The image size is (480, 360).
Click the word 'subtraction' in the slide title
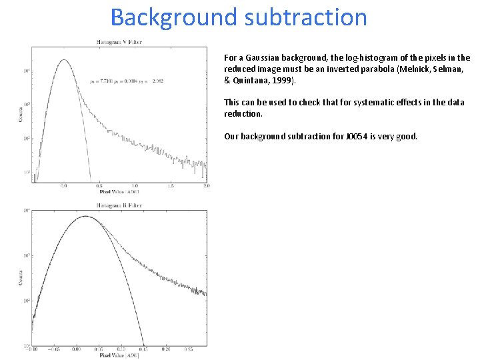pyautogui.click(x=306, y=17)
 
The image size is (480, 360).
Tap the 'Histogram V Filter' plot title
pyautogui.click(x=119, y=42)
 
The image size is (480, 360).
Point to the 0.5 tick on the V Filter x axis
pyautogui.click(x=99, y=186)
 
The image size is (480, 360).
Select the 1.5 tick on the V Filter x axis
pyautogui.click(x=171, y=186)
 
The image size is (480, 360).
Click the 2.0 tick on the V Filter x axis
pyautogui.click(x=206, y=186)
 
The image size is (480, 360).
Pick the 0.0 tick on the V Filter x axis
pyautogui.click(x=64, y=186)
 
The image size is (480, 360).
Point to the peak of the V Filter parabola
pyautogui.click(x=64, y=59)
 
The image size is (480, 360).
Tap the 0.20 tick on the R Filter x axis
pyautogui.click(x=166, y=349)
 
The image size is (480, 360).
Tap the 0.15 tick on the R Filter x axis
pyautogui.click(x=143, y=349)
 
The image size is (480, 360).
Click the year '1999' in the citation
pyautogui.click(x=277, y=80)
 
